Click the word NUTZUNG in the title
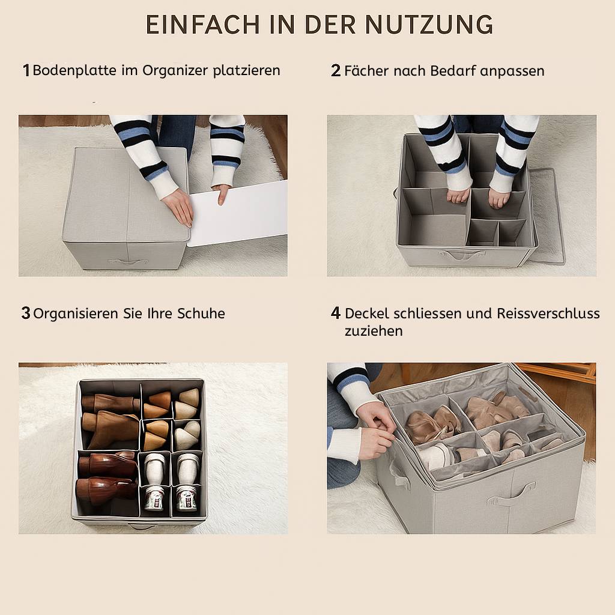[429, 24]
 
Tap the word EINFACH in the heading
[202, 24]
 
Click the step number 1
[26, 71]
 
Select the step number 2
[336, 71]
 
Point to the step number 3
[26, 313]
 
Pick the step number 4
[335, 313]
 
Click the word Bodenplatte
[74, 71]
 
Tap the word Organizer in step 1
[175, 71]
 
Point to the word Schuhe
[201, 314]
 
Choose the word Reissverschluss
[548, 314]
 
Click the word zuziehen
[374, 331]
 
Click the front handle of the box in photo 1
[129, 261]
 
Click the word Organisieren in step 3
[76, 314]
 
